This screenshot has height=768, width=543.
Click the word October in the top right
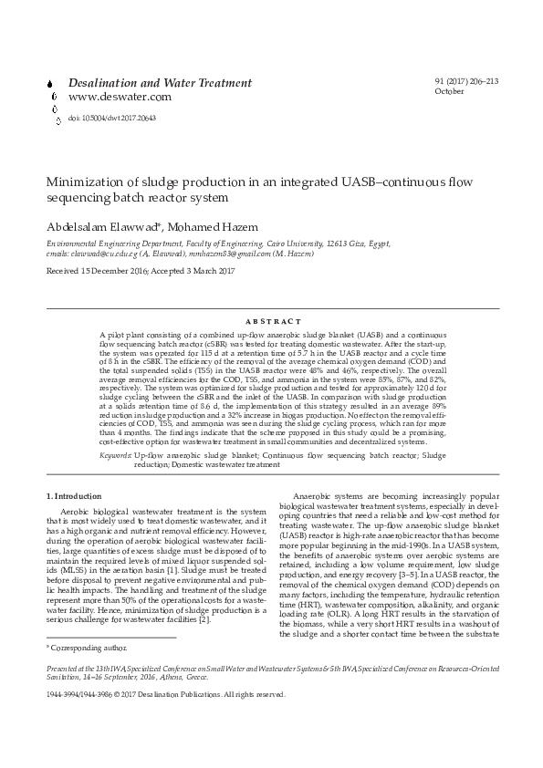tap(450, 92)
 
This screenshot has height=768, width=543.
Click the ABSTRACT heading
tap(272, 322)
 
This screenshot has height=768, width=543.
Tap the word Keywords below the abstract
tap(115, 453)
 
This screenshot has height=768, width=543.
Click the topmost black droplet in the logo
tap(47, 81)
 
